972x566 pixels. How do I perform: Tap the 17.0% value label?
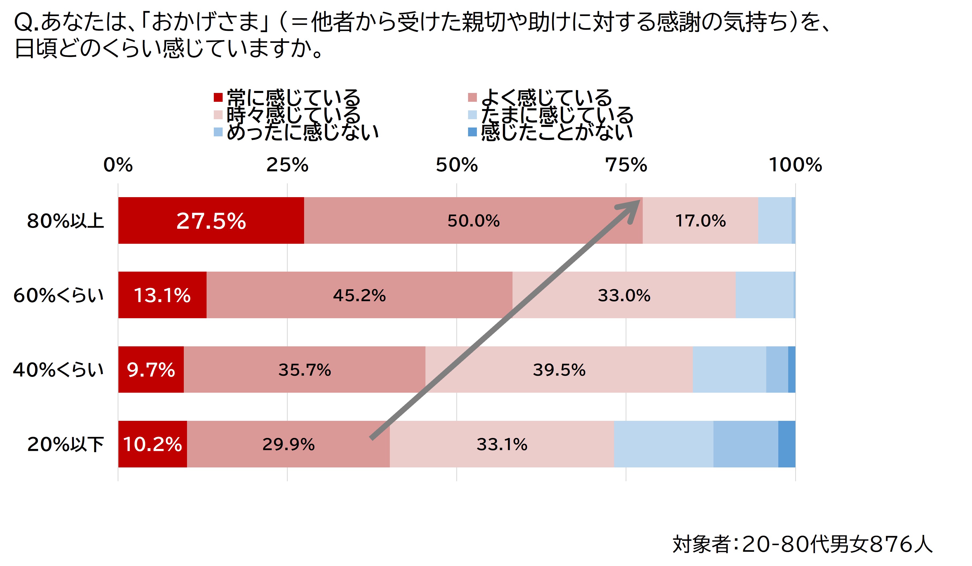pos(700,221)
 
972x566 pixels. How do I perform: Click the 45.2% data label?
pos(359,295)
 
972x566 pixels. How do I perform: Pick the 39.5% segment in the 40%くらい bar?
pos(559,370)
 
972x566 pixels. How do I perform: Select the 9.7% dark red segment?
pos(151,370)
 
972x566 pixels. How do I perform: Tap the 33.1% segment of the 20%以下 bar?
pos(502,444)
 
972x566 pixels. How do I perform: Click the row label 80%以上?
pos(65,221)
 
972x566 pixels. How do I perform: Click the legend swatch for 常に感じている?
pos(218,97)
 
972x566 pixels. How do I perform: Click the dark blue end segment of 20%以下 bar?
pos(787,444)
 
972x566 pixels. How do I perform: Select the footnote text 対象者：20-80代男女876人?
pos(802,544)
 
